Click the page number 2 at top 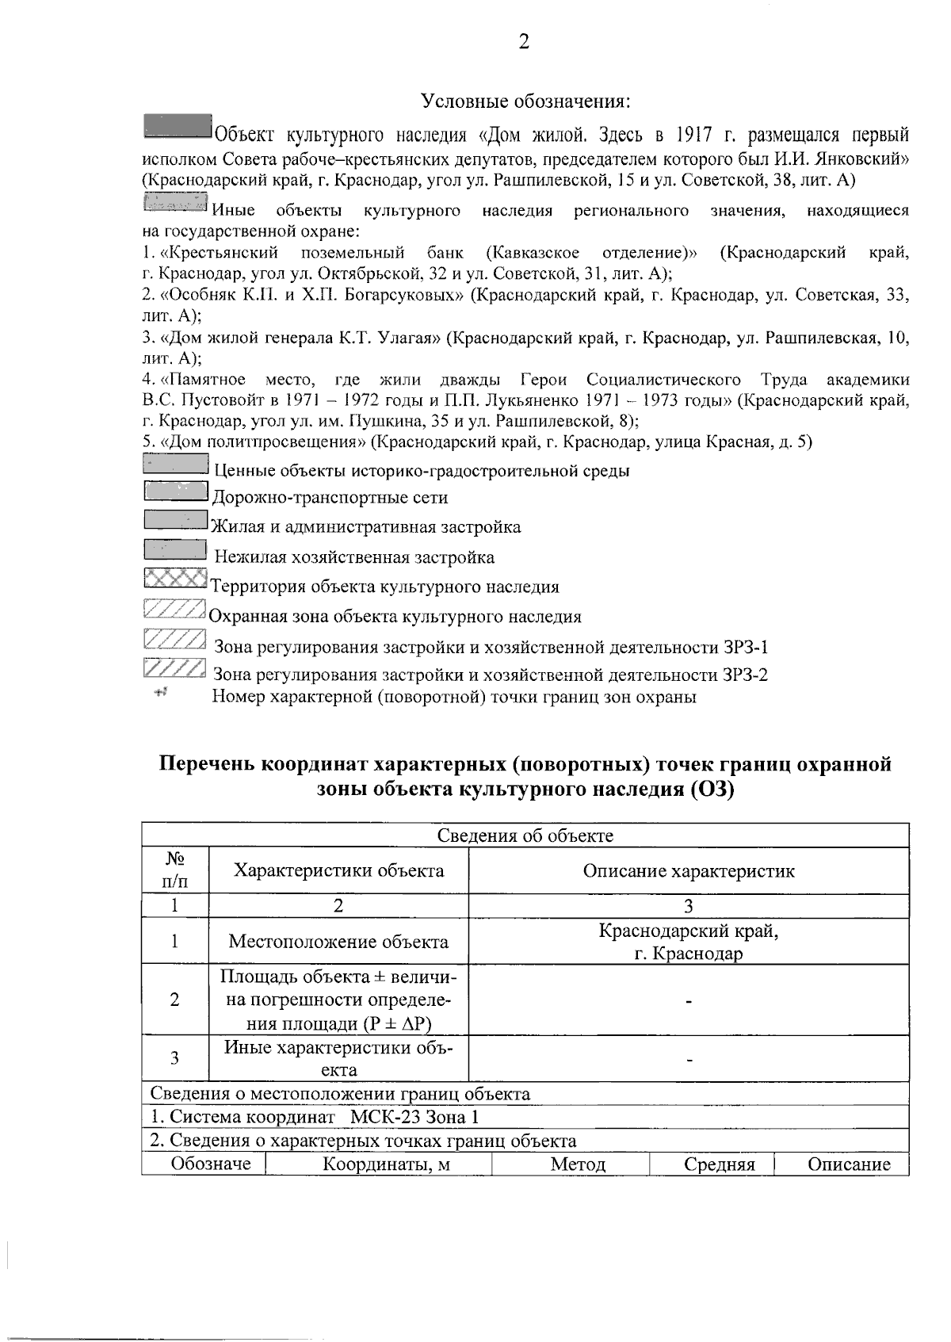(x=524, y=42)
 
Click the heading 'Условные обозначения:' (x=525, y=101)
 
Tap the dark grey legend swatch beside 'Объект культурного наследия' (x=178, y=126)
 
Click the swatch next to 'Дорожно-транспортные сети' (x=176, y=492)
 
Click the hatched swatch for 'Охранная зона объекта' (x=176, y=609)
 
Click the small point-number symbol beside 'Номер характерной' (x=161, y=693)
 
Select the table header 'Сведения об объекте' (x=525, y=835)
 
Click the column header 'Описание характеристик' (x=688, y=870)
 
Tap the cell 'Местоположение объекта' (x=338, y=941)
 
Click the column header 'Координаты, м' (x=378, y=1164)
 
